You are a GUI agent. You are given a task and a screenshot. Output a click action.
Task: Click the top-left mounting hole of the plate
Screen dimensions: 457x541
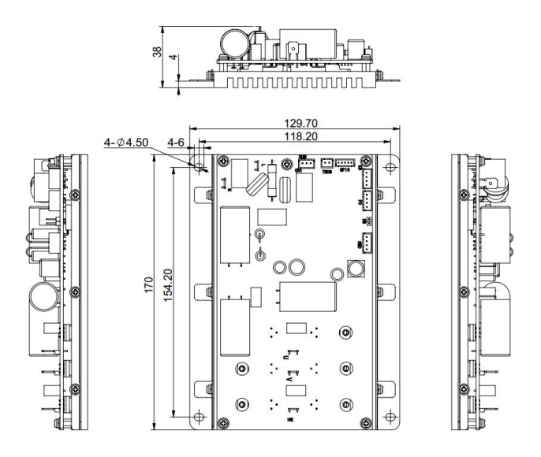[200, 166]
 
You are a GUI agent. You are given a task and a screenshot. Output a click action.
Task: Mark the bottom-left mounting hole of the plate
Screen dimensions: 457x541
[200, 417]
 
